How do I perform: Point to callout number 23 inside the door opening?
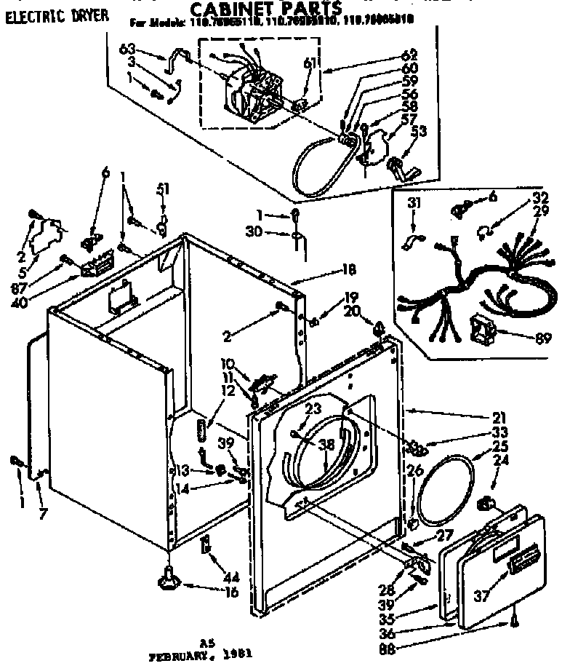[313, 409]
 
